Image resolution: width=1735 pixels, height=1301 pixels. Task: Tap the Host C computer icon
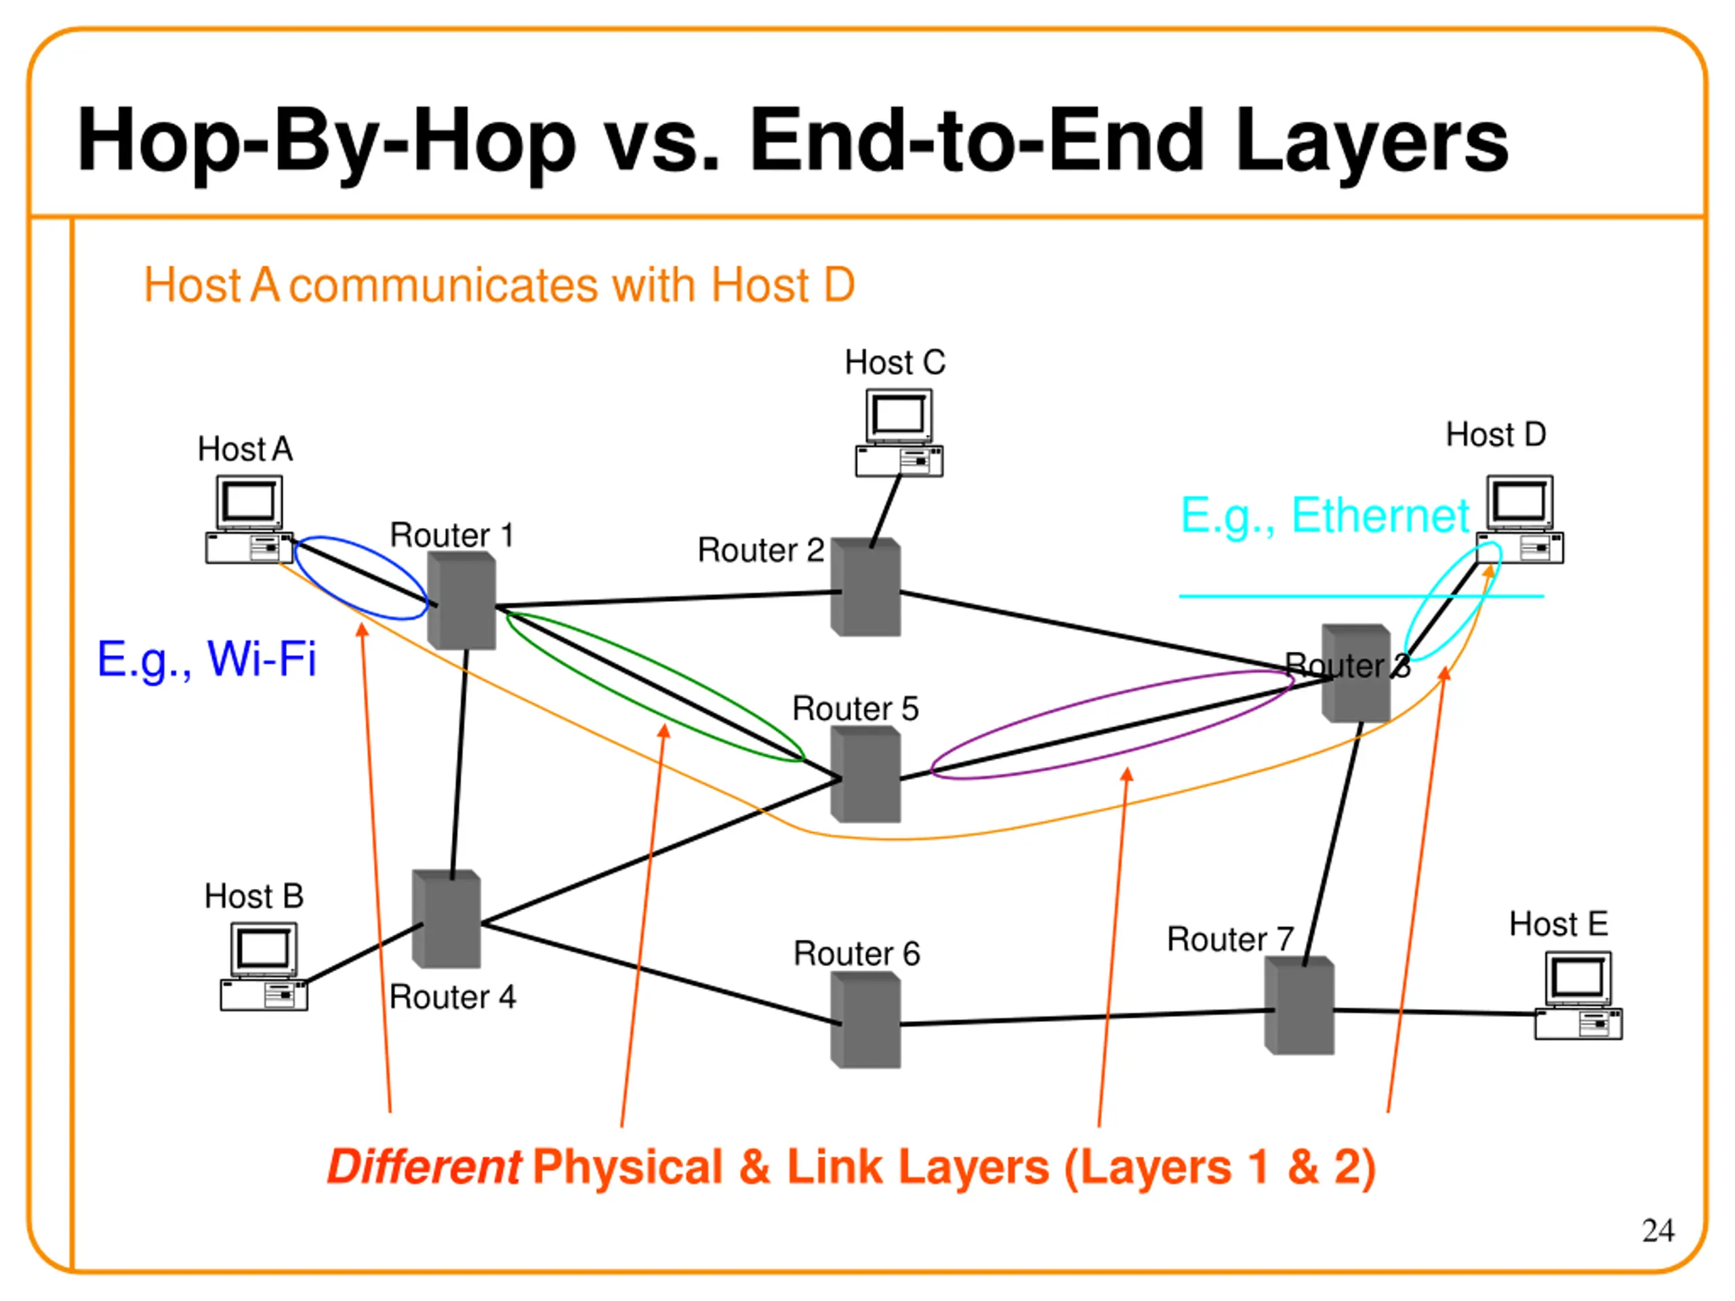(x=899, y=433)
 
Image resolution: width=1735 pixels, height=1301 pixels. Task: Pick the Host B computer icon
(x=264, y=966)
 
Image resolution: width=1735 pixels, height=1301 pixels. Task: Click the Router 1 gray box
(x=462, y=601)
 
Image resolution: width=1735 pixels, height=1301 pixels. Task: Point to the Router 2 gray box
(x=866, y=587)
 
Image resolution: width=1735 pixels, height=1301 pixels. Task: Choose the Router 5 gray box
(x=866, y=775)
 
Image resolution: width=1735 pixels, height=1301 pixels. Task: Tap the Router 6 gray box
(x=866, y=1020)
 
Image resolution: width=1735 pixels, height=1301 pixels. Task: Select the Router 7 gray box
(x=1300, y=1006)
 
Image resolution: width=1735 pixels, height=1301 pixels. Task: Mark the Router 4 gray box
(x=447, y=919)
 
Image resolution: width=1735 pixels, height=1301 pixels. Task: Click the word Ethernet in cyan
(x=1380, y=516)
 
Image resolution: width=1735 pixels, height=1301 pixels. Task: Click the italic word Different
(x=424, y=1167)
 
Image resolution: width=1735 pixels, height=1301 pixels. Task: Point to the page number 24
(x=1657, y=1231)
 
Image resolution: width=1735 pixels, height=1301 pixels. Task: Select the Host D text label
(x=1496, y=434)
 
